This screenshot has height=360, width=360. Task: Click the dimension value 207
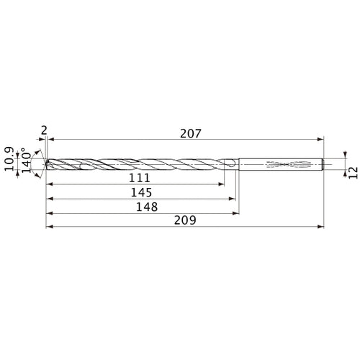[190, 133]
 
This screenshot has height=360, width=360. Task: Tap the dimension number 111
[140, 178]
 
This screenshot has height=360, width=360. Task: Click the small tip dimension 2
[44, 130]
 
